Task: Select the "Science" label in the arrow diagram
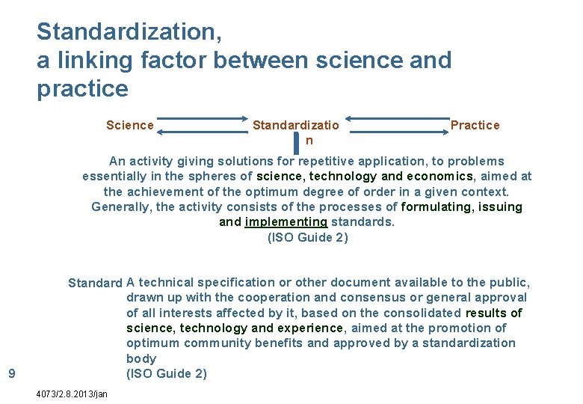click(x=130, y=125)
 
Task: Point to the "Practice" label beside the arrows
click(x=475, y=125)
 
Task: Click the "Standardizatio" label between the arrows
click(x=295, y=125)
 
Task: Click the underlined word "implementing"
click(x=286, y=222)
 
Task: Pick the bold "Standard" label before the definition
click(x=95, y=284)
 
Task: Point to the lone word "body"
click(x=141, y=358)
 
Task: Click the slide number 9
click(x=10, y=373)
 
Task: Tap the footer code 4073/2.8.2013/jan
click(x=72, y=394)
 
